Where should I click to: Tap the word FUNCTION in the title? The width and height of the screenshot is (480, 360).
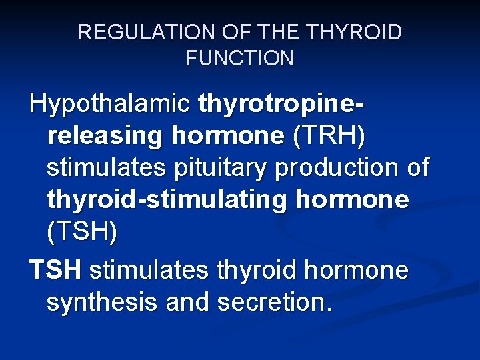(239, 59)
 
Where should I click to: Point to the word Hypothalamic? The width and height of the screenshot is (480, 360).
(110, 104)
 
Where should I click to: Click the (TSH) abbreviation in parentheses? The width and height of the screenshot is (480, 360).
(81, 232)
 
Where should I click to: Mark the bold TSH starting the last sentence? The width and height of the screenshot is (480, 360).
(55, 271)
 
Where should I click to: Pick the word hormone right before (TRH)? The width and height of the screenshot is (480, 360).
(228, 136)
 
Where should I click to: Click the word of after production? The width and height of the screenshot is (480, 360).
(418, 168)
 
